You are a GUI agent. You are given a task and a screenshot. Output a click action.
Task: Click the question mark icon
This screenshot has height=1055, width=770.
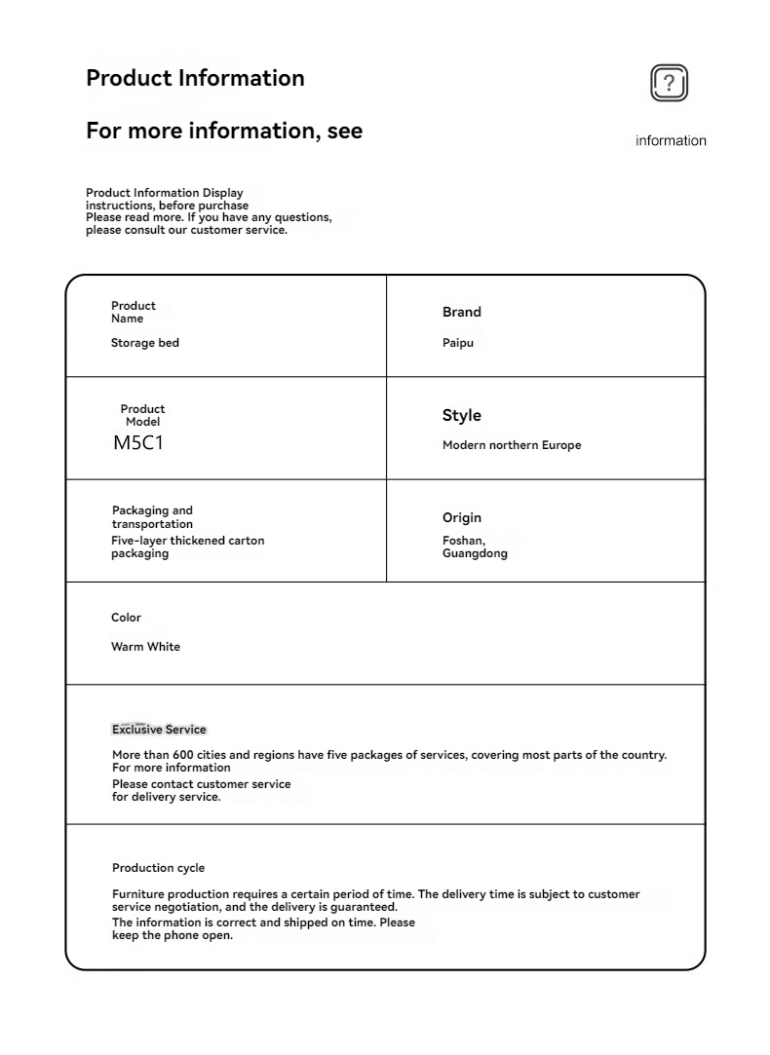(669, 84)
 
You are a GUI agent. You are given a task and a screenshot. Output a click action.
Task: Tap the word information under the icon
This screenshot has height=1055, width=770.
(671, 141)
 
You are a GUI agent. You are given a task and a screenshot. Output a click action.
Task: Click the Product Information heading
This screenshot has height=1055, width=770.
(195, 78)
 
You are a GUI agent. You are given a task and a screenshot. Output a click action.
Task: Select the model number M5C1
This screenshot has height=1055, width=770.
(138, 443)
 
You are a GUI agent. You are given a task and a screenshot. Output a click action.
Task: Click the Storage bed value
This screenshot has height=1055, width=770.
(145, 343)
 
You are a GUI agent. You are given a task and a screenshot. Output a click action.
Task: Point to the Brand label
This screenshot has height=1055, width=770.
(462, 313)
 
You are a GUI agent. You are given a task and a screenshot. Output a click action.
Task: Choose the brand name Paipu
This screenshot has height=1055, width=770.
(458, 343)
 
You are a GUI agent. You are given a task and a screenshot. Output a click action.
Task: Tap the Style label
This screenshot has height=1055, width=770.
(462, 416)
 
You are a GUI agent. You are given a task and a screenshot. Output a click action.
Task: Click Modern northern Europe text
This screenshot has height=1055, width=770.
(512, 445)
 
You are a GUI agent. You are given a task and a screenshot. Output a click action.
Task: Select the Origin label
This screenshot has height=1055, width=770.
(462, 518)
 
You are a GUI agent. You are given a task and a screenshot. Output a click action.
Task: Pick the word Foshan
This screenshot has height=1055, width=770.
(463, 541)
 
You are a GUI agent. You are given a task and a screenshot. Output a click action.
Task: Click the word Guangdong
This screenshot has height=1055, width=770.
(475, 553)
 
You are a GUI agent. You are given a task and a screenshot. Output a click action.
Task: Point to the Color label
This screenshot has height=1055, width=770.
(126, 618)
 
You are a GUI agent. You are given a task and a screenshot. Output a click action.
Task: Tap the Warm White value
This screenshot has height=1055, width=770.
(145, 647)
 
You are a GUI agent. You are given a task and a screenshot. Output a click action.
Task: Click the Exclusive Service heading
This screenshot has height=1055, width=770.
(159, 730)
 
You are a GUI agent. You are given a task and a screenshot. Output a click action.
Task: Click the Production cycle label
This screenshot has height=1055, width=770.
(158, 868)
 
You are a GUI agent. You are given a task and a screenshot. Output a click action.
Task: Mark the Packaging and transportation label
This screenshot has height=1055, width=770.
(152, 517)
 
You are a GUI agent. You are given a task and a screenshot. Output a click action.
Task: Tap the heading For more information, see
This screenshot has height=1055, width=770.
(224, 131)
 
